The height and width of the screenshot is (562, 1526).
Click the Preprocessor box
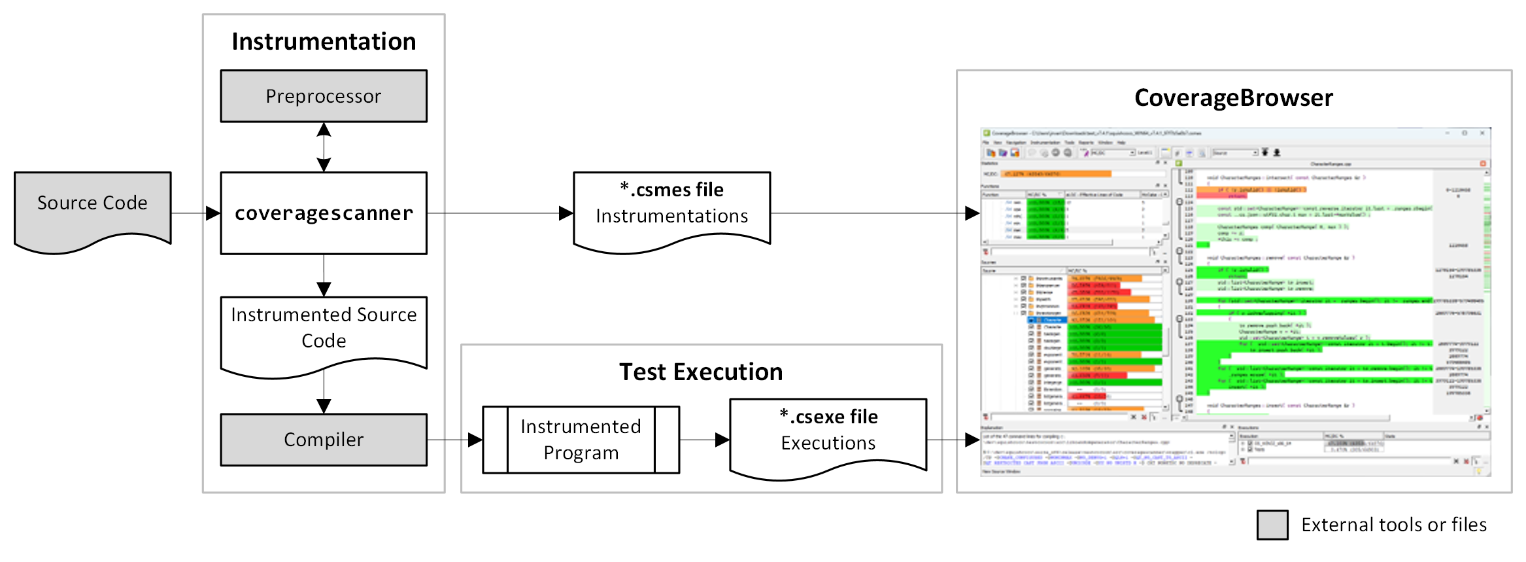click(324, 96)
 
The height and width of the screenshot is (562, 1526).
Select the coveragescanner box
click(324, 213)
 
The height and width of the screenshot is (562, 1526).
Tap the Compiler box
click(324, 440)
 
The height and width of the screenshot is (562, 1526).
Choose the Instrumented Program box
click(581, 440)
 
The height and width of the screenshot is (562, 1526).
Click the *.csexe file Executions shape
click(828, 431)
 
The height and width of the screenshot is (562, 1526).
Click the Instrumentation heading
click(324, 41)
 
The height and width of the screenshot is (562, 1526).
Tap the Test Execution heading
click(701, 372)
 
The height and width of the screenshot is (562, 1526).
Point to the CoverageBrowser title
click(1233, 97)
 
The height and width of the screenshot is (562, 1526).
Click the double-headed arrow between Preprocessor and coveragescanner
click(324, 147)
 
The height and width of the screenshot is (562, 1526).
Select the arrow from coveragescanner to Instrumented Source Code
click(324, 275)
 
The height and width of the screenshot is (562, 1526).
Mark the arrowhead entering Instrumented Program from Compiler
click(475, 440)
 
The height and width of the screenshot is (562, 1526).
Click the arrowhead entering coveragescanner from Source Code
click(212, 213)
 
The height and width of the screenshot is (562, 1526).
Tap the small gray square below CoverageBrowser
click(1272, 525)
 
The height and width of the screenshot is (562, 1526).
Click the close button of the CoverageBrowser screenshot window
click(1482, 133)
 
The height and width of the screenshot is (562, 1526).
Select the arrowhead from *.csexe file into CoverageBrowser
click(972, 440)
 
